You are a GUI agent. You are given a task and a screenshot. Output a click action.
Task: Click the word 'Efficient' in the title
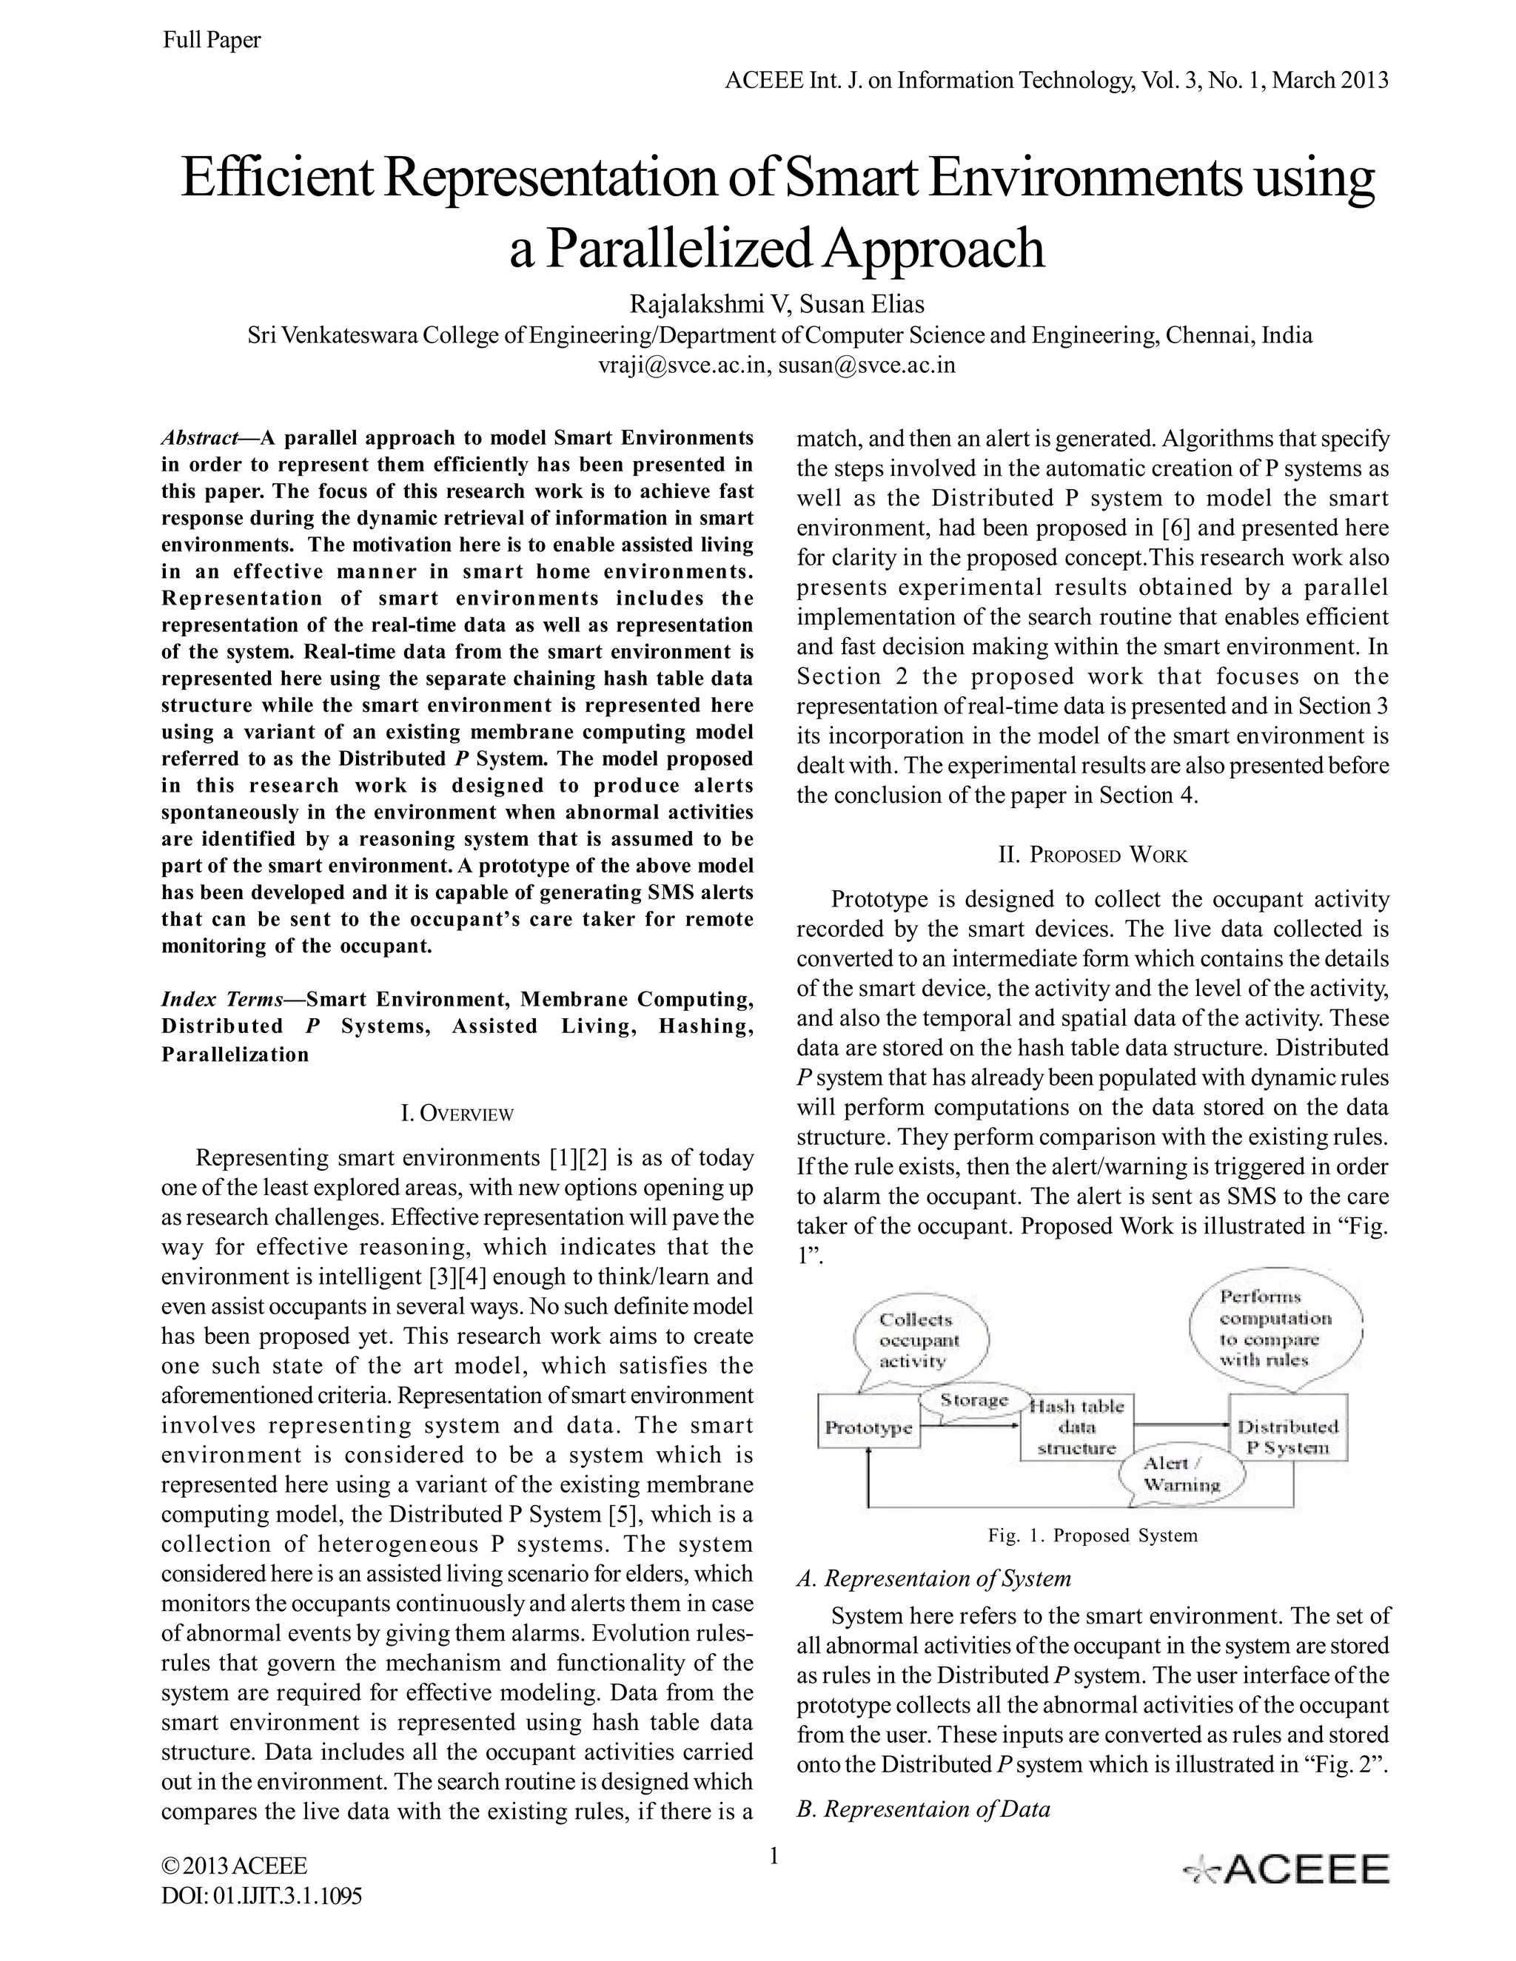click(x=275, y=178)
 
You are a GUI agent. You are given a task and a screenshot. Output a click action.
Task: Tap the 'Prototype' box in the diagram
click(x=868, y=1428)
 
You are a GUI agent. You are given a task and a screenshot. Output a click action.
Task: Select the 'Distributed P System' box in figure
click(x=1287, y=1436)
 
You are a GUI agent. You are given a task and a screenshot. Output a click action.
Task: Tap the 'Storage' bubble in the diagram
click(x=973, y=1401)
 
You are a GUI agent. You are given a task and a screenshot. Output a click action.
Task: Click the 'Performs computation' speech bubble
click(x=1275, y=1329)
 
